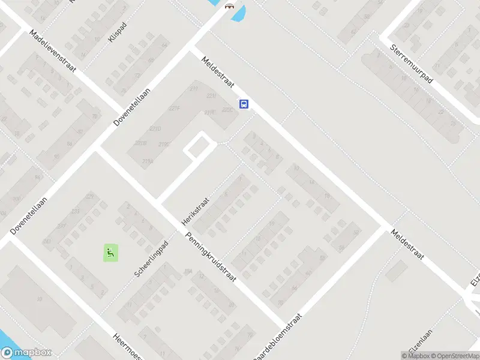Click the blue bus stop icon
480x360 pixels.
click(244, 104)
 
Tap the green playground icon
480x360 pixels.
click(110, 253)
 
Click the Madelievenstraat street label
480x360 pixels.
click(55, 53)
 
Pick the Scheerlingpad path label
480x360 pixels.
click(153, 263)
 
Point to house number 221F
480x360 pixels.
click(175, 109)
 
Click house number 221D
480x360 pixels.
click(155, 129)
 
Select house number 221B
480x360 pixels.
click(141, 143)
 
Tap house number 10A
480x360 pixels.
click(188, 272)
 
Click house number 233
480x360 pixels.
click(76, 211)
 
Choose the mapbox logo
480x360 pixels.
click(26, 353)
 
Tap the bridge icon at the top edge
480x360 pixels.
click(229, 6)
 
